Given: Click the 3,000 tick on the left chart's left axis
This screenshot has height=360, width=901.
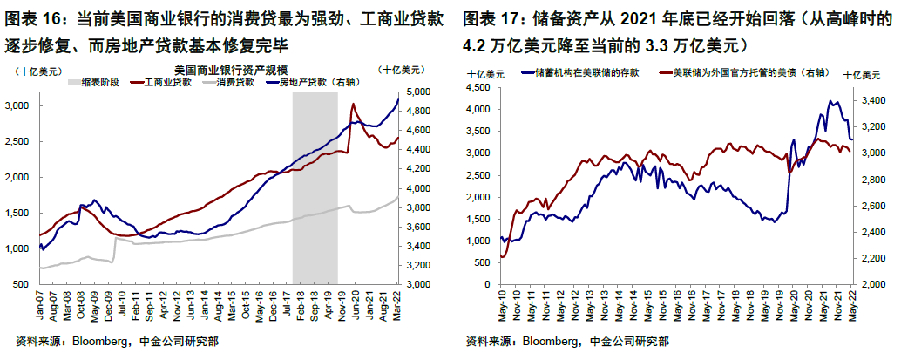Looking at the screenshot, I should click(x=19, y=105).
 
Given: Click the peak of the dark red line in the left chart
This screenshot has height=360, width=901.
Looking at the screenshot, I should click(x=352, y=105).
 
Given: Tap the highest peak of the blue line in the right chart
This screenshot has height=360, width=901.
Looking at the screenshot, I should click(x=830, y=101).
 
